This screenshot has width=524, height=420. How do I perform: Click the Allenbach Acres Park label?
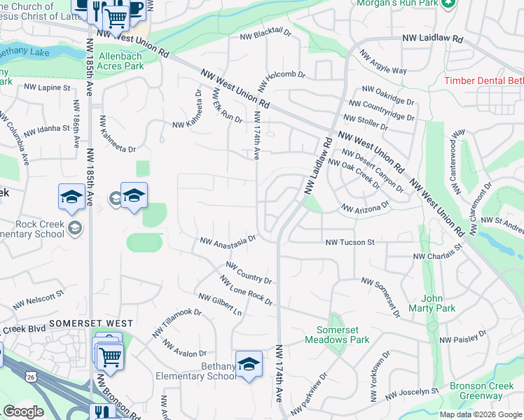click(x=121, y=61)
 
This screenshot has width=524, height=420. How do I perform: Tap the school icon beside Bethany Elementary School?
click(x=249, y=364)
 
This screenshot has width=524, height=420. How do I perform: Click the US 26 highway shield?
click(x=29, y=377)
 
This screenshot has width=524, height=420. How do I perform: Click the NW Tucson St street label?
click(x=350, y=242)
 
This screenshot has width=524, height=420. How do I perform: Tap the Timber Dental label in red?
click(x=483, y=80)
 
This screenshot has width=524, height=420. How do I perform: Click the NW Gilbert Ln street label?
click(x=220, y=304)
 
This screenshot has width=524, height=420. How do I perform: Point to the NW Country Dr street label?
click(x=248, y=272)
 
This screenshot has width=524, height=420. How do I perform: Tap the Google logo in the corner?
click(x=23, y=412)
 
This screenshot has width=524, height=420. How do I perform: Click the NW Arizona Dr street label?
click(x=364, y=208)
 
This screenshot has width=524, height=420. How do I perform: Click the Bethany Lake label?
click(x=24, y=52)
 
